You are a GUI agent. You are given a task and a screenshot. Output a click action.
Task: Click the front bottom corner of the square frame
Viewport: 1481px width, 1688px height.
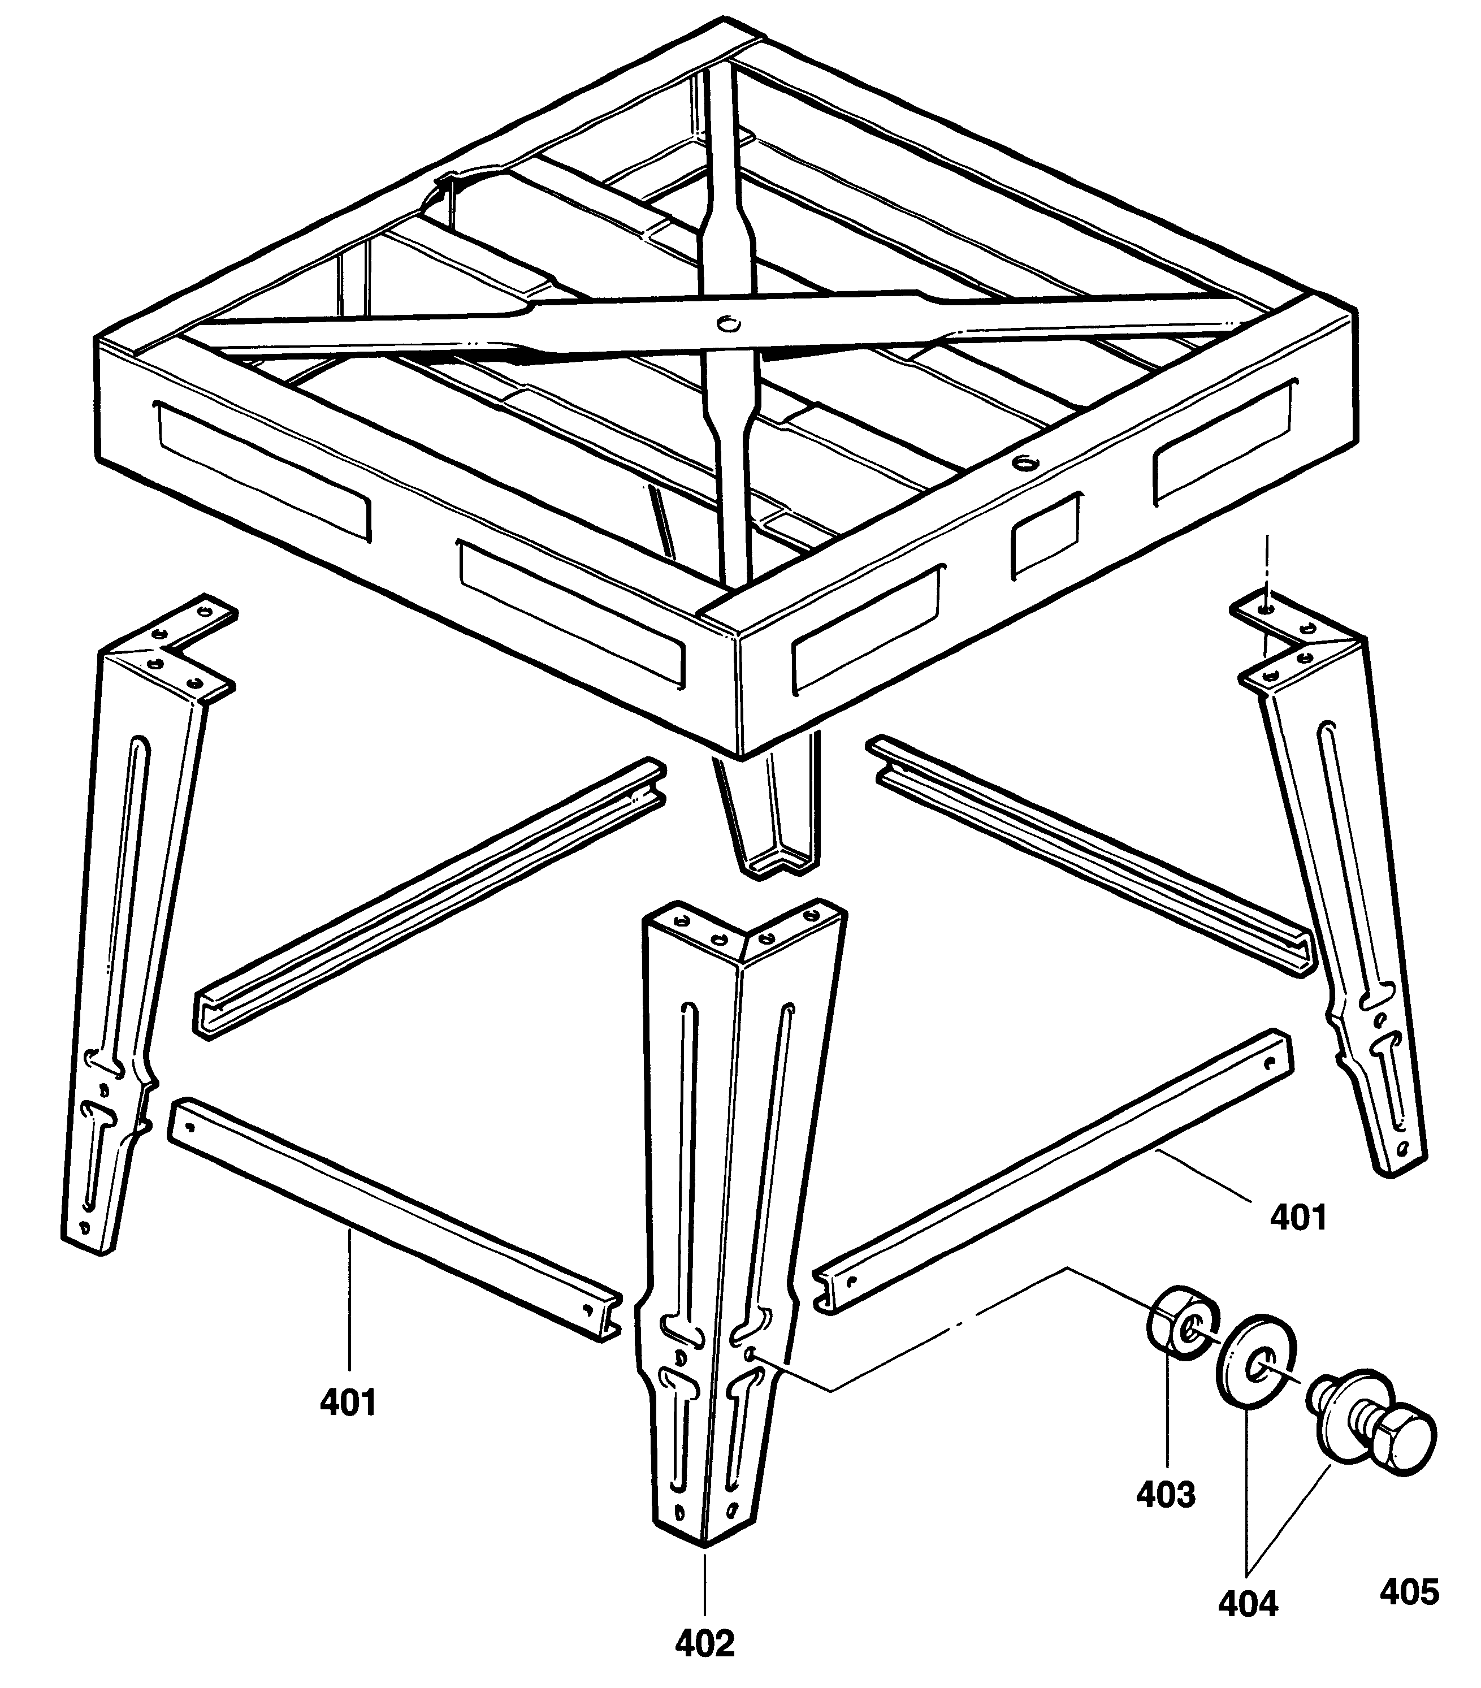click(x=738, y=753)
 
